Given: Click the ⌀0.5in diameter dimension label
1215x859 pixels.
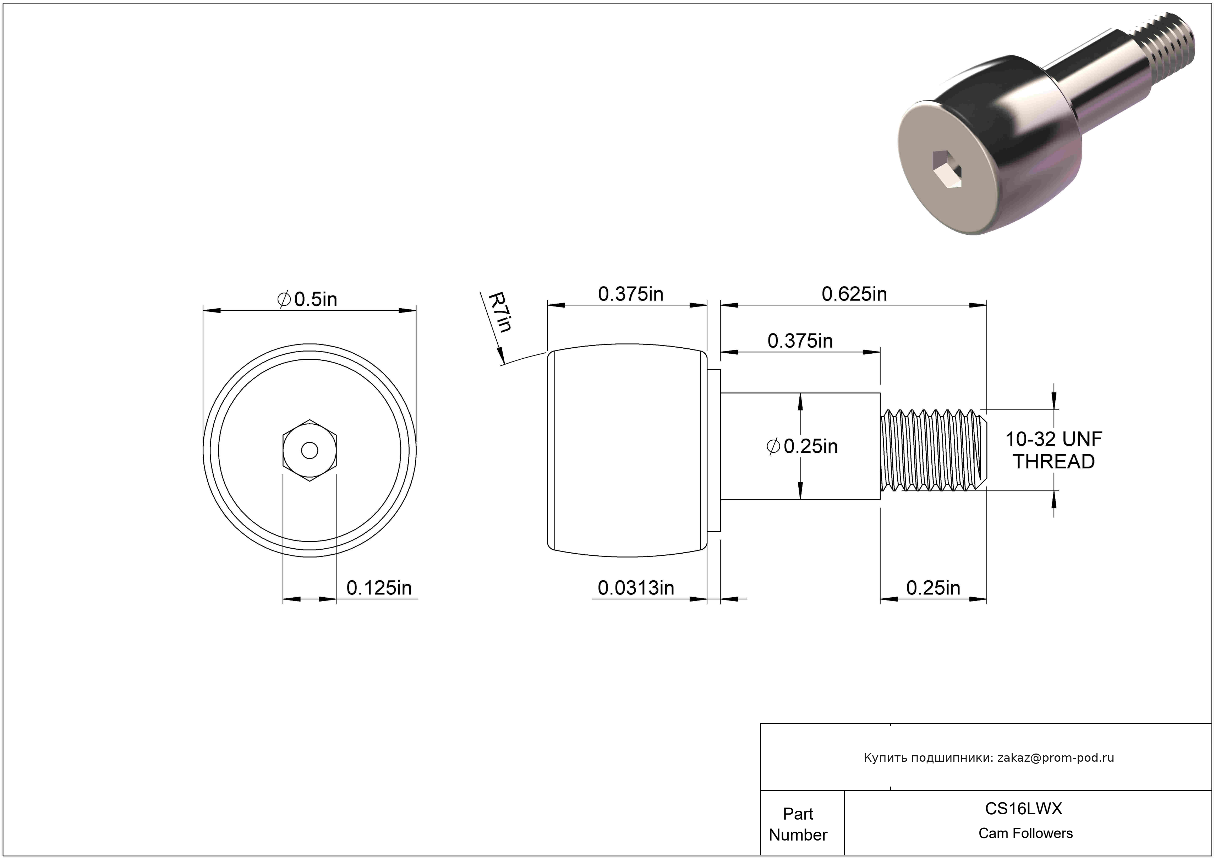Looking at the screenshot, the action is click(x=307, y=300).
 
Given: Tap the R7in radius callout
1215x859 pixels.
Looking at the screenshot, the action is click(x=499, y=312).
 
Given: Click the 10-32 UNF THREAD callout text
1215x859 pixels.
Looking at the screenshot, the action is click(x=1053, y=450).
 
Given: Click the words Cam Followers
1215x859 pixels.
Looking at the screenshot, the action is click(x=1025, y=833).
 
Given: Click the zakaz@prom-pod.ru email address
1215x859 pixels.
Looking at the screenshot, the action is click(x=1056, y=757).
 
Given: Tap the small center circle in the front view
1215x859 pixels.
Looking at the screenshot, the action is click(x=310, y=450).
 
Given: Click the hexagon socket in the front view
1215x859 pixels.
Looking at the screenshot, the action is click(x=310, y=450).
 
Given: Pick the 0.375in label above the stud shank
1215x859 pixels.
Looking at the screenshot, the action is click(x=800, y=341).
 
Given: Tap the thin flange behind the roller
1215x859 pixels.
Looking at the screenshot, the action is click(x=714, y=450).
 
